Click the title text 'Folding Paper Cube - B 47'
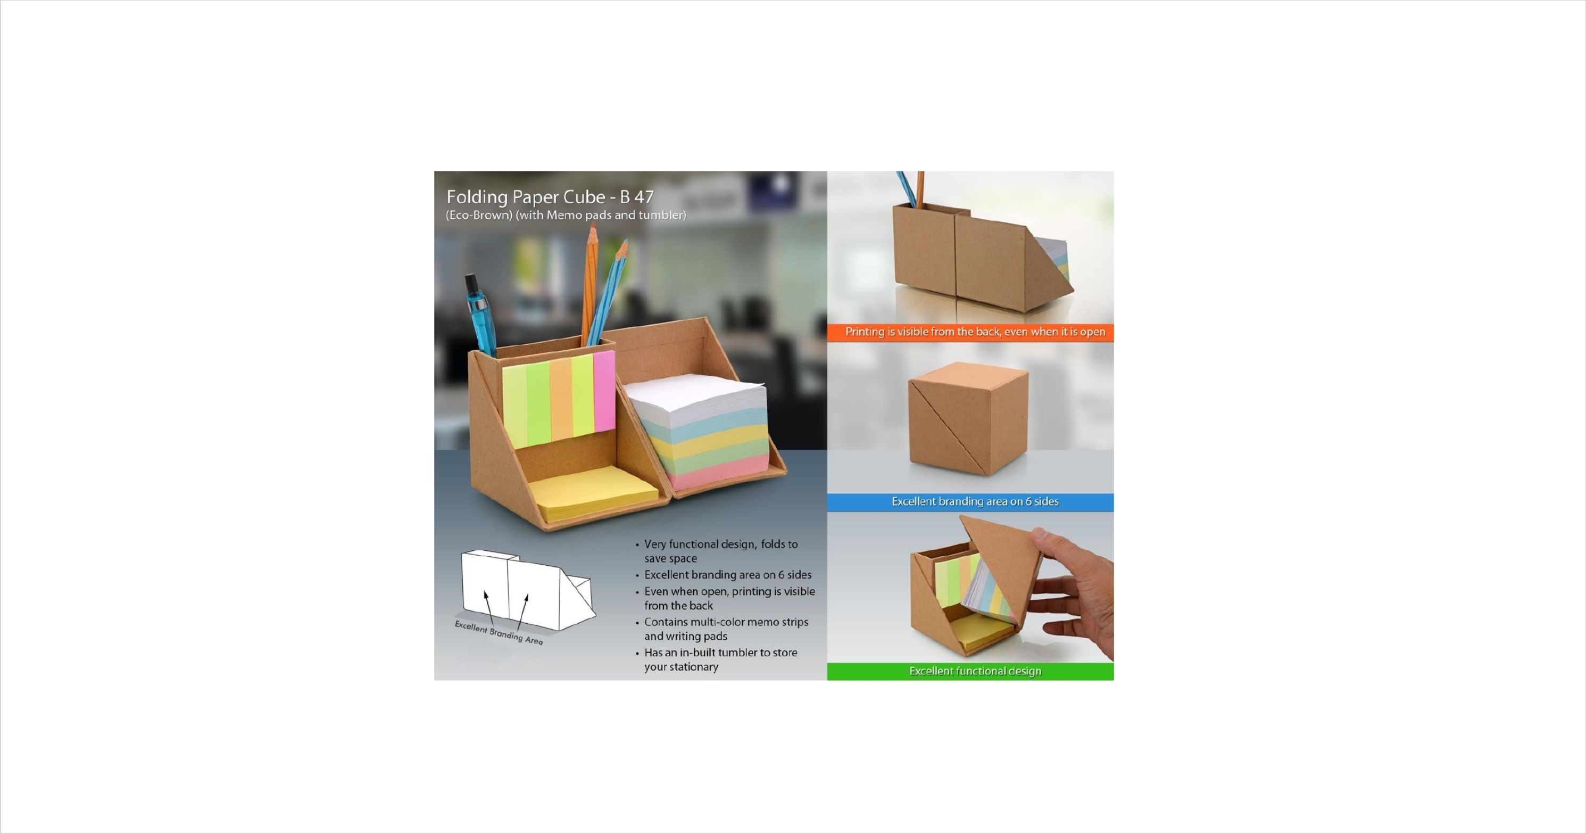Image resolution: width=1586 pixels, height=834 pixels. click(x=550, y=197)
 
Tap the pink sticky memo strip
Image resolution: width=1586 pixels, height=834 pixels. click(x=604, y=390)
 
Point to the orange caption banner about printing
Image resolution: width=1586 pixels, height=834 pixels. click(x=970, y=332)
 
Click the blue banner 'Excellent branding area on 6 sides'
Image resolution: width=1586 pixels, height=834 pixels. click(x=970, y=502)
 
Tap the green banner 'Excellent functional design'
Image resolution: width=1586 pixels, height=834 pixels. click(x=970, y=671)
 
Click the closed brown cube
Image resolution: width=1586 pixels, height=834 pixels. click(x=968, y=419)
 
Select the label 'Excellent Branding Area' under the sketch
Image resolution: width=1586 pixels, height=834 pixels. click(x=499, y=633)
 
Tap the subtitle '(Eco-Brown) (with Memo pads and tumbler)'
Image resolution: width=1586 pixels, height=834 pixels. click(x=566, y=215)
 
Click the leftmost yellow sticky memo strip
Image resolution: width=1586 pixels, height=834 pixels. click(x=514, y=406)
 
